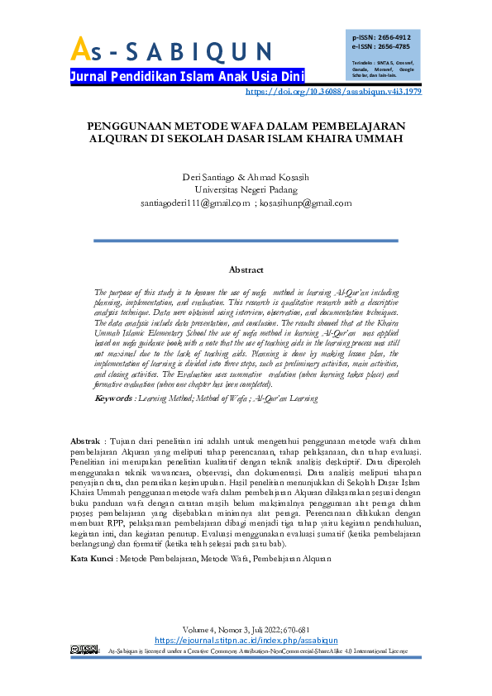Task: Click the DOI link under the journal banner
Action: coord(334,92)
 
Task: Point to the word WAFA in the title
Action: coord(240,126)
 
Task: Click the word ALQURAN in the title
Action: coord(122,139)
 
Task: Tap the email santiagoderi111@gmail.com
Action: coord(195,204)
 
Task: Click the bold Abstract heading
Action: coord(246,269)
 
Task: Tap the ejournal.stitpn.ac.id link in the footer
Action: coord(246,640)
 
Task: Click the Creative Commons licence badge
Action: coord(85,650)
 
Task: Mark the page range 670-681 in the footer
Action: coord(295,630)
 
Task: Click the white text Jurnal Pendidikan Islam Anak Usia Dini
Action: coord(188,76)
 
